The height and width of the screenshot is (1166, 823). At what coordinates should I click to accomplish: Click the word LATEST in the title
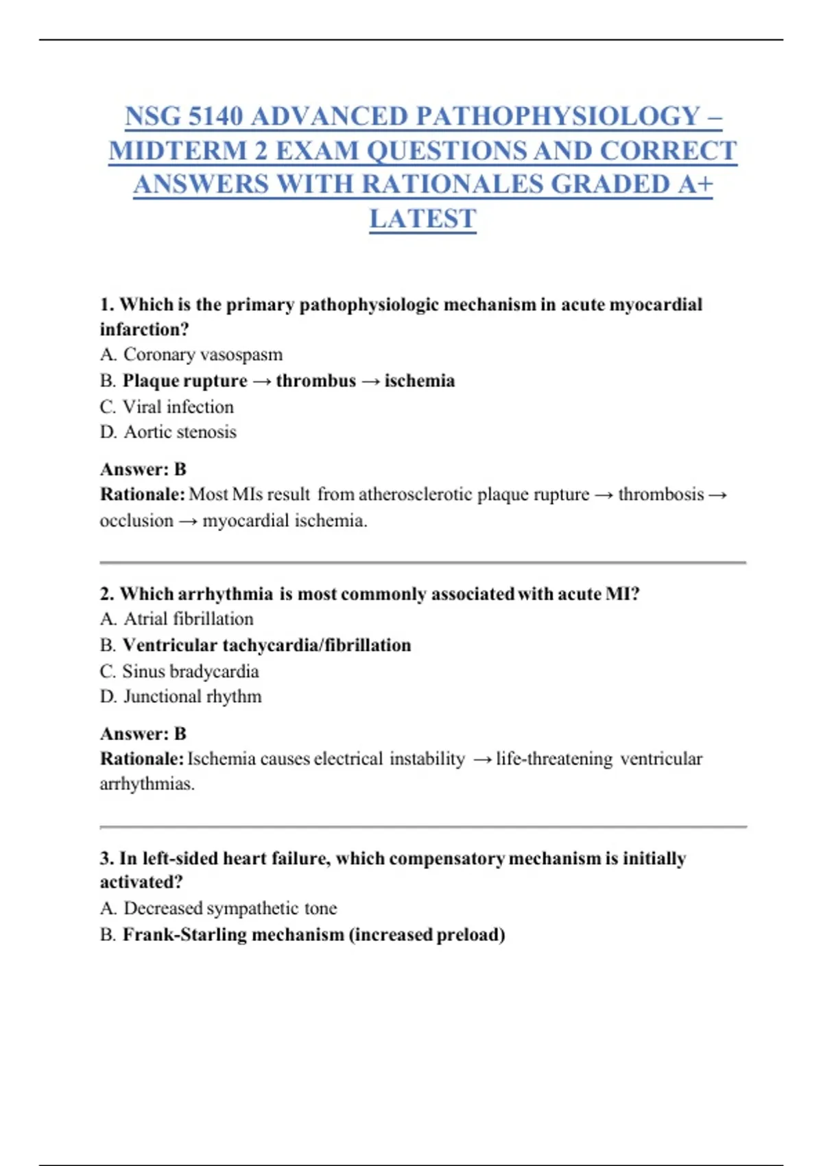[x=422, y=219]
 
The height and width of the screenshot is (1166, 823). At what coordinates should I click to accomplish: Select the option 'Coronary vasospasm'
[x=202, y=355]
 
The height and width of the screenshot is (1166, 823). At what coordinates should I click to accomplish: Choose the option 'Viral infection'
[x=178, y=407]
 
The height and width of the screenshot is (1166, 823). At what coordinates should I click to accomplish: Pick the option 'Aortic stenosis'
[x=180, y=432]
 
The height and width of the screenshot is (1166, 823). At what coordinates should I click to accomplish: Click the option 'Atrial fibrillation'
[x=188, y=619]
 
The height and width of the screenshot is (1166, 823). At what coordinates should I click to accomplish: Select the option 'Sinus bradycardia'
[x=190, y=671]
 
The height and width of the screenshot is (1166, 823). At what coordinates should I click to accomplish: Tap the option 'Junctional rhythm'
[x=192, y=696]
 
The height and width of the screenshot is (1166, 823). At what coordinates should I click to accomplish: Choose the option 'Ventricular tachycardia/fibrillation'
[x=266, y=645]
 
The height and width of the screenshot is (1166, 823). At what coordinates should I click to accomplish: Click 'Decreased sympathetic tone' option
[x=230, y=908]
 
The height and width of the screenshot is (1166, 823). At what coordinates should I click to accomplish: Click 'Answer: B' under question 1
[x=143, y=469]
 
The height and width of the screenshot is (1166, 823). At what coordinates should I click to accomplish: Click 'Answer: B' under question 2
[x=143, y=733]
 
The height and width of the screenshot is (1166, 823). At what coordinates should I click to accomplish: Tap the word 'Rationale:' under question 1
[x=142, y=495]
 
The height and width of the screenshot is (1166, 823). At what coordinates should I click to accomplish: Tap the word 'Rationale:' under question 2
[x=142, y=759]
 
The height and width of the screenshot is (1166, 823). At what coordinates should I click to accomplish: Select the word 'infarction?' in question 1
[x=144, y=329]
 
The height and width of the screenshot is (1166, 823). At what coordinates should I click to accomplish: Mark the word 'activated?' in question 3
[x=141, y=882]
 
